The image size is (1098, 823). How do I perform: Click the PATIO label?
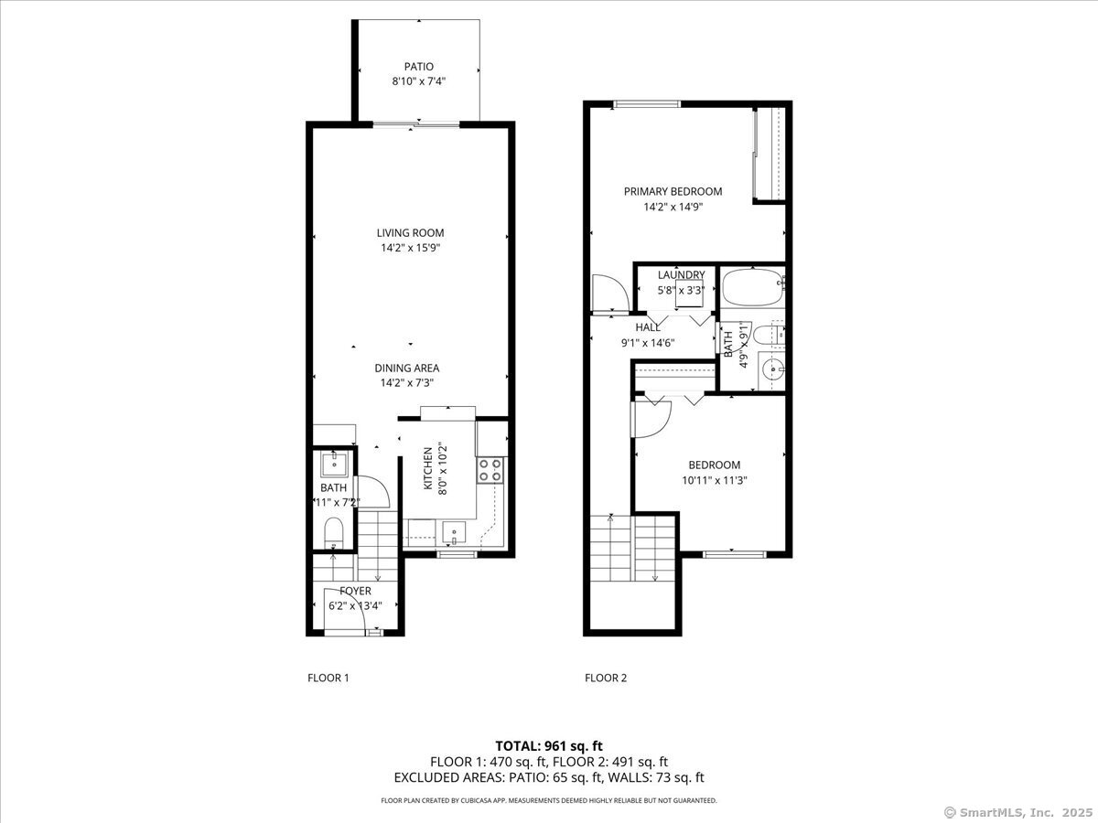tap(418, 67)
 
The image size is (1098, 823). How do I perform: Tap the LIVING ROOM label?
tap(410, 233)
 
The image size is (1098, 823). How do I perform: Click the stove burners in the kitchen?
tap(490, 470)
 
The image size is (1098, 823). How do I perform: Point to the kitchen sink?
tap(452, 531)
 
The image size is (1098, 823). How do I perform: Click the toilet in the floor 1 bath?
tap(333, 531)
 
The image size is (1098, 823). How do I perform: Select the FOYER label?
tap(355, 591)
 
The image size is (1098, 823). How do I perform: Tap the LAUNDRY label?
tap(681, 275)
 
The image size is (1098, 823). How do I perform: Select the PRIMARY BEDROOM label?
tap(673, 192)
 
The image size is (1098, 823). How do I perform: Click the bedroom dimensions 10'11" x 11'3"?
tap(714, 480)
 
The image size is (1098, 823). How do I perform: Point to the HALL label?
tap(648, 327)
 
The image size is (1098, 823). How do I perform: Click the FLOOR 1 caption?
tap(328, 679)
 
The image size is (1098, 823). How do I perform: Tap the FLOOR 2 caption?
tap(606, 679)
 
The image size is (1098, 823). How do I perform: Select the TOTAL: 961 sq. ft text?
tap(548, 746)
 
